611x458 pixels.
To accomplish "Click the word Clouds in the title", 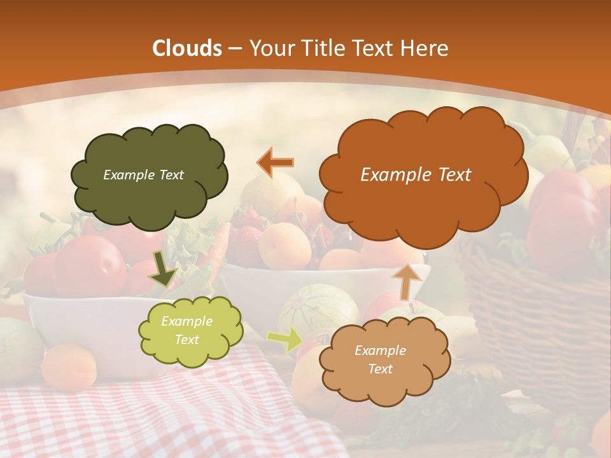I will (187, 48).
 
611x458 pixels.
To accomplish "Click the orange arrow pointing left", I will (276, 163).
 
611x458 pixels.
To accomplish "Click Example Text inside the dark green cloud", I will (143, 175).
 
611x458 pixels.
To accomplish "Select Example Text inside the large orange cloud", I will (416, 175).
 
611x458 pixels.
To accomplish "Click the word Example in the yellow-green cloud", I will (186, 322).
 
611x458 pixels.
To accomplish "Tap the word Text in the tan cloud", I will (380, 369).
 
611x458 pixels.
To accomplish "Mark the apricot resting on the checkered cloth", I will (69, 367).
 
